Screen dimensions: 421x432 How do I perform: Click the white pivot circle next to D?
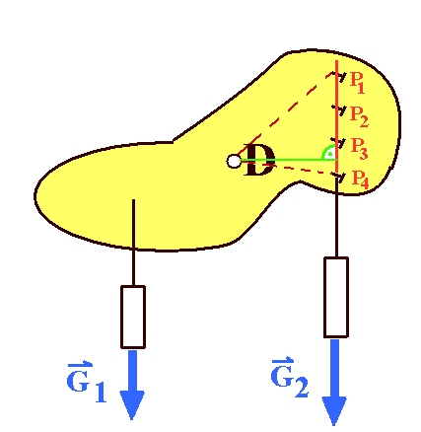pos(234,161)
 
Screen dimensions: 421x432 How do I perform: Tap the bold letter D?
pos(259,160)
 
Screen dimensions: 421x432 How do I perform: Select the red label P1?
pos(358,83)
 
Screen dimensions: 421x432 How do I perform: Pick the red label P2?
pos(359,116)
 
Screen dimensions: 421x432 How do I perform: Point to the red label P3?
pos(359,149)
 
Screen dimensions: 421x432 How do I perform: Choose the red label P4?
pos(360,180)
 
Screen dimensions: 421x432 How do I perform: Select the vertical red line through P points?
pos(336,118)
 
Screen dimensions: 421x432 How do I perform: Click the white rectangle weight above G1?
pos(133,317)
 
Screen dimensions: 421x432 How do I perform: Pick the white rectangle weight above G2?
pos(336,297)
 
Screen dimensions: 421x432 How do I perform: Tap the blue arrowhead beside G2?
pos(334,411)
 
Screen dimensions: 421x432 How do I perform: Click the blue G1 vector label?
pos(87,383)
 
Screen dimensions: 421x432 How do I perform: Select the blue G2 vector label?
pos(290,377)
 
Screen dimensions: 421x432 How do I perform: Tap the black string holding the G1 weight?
pos(133,243)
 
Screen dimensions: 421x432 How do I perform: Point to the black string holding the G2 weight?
pos(336,217)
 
